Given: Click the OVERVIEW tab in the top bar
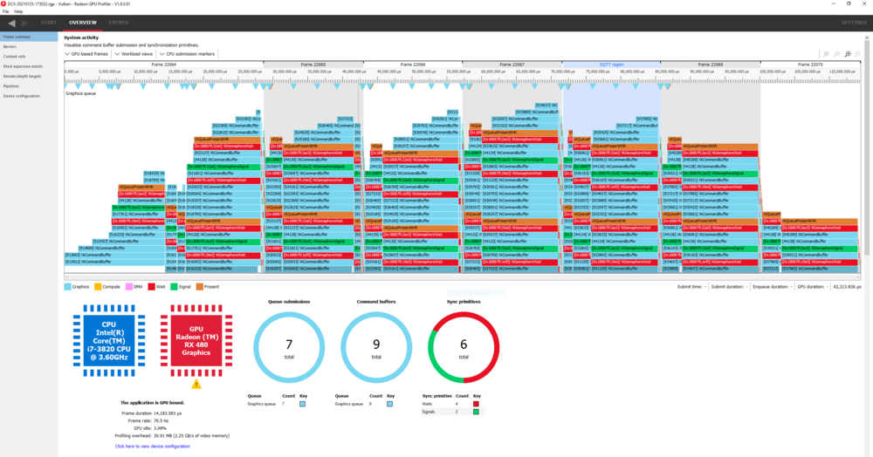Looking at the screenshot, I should coord(83,22).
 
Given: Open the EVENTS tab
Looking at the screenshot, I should coord(119,22).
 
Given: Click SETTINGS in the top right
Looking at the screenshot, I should coord(854,22).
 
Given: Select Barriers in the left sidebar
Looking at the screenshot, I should coord(10,46).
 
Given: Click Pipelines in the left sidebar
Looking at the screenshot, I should coord(11,85).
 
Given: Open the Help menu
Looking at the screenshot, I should coord(18,11).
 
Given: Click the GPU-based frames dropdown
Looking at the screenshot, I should coord(87,54).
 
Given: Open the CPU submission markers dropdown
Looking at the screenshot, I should coord(187,54).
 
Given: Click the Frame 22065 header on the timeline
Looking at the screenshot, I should coord(312,65).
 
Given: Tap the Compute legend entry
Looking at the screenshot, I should coord(111,285).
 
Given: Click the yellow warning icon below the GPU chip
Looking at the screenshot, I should coord(196,383).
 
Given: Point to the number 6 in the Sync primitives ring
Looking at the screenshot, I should coord(464,344).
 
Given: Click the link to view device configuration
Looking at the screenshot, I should coord(152,446).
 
